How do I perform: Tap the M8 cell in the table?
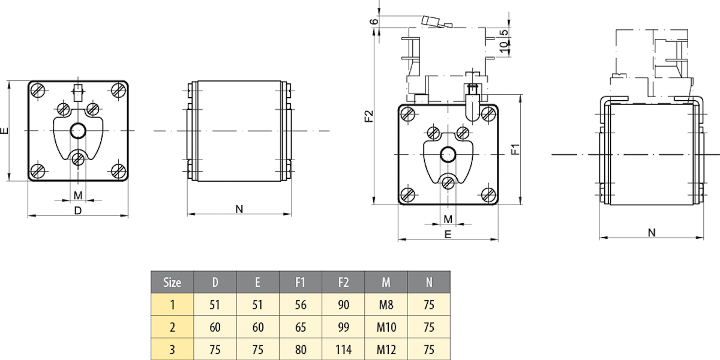(x=386, y=305)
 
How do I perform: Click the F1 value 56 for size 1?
(x=301, y=305)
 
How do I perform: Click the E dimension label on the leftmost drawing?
(x=5, y=130)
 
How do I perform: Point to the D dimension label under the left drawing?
(x=77, y=211)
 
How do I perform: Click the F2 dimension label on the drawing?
(x=370, y=116)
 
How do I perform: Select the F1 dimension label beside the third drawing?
(x=515, y=149)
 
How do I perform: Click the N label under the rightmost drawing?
(x=652, y=233)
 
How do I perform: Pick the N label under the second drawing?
(x=239, y=209)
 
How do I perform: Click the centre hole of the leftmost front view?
(x=77, y=130)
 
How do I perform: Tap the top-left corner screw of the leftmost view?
(x=38, y=91)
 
